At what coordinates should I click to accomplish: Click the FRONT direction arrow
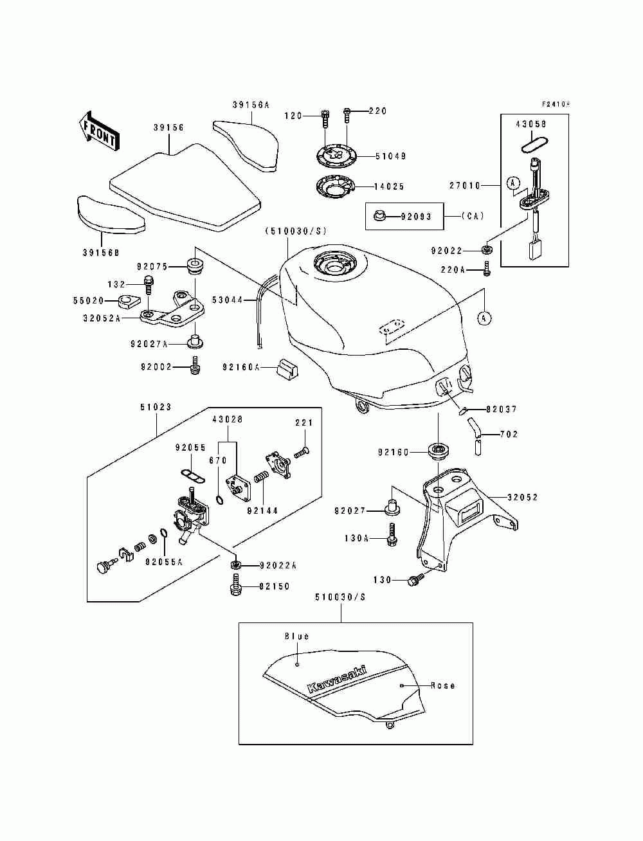99,131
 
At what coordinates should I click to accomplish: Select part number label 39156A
251,105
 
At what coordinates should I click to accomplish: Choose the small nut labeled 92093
379,216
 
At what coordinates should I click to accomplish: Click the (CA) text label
473,216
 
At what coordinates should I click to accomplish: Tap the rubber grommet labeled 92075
195,266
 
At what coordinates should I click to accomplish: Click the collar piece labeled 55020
128,301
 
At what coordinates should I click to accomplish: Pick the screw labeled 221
302,453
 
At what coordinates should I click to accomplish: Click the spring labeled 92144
262,478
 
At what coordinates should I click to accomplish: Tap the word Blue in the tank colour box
296,636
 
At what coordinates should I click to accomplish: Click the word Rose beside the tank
443,685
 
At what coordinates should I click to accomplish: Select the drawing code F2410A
556,104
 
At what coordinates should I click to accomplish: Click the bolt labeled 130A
392,534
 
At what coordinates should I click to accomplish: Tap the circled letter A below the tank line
485,318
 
